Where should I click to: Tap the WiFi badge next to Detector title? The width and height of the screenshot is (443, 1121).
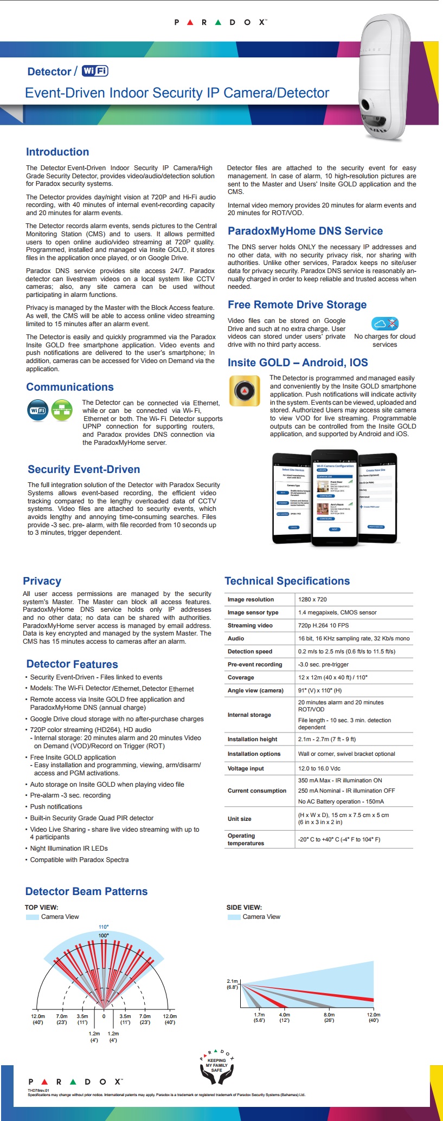click(x=95, y=71)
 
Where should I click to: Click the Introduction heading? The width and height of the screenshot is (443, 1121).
click(x=57, y=152)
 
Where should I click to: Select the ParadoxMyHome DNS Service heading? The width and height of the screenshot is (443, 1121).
click(x=305, y=231)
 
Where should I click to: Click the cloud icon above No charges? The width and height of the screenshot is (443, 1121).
click(x=384, y=324)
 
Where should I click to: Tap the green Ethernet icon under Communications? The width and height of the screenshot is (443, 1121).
click(x=62, y=410)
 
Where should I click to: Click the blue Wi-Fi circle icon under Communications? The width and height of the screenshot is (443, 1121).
click(x=37, y=410)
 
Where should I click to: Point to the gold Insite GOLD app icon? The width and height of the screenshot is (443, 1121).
click(x=245, y=391)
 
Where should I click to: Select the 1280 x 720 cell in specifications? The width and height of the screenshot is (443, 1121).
click(x=312, y=599)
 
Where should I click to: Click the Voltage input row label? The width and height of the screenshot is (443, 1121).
click(x=246, y=768)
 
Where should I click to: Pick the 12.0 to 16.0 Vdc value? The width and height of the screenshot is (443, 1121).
click(x=319, y=768)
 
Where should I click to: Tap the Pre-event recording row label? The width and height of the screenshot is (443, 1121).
click(x=255, y=664)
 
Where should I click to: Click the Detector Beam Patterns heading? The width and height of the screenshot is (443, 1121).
click(x=86, y=891)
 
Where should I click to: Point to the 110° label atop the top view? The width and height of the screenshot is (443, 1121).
click(x=104, y=926)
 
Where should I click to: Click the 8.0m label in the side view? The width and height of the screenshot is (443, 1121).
click(x=329, y=1018)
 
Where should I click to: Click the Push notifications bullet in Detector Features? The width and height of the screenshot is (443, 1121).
click(x=56, y=807)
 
